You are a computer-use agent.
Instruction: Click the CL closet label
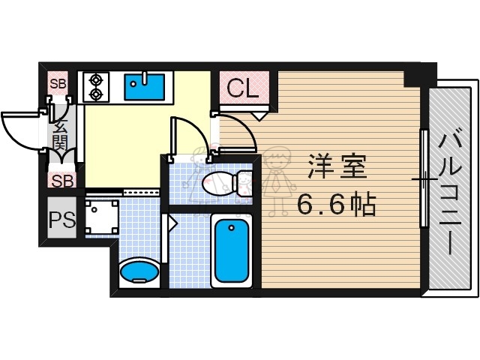(x=242, y=89)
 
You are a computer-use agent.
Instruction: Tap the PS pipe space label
(x=61, y=220)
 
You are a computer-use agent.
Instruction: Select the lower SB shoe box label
(x=62, y=180)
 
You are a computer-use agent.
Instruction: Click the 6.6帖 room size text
(x=336, y=204)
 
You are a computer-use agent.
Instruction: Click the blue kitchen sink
(x=145, y=86)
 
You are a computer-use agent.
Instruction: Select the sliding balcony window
(x=424, y=180)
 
